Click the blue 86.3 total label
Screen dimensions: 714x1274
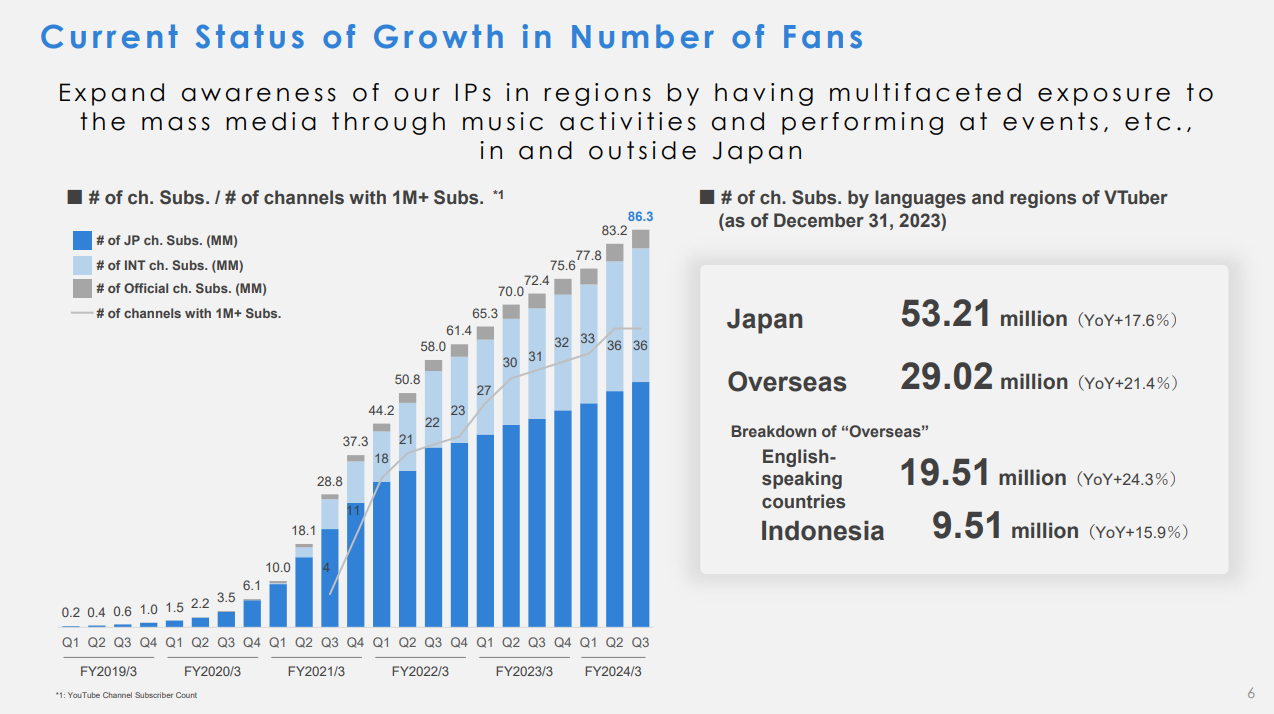640,216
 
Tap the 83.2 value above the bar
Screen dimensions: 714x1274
615,231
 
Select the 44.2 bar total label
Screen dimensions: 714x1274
381,410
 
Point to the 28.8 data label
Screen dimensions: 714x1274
330,482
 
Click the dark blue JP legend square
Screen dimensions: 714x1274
82,241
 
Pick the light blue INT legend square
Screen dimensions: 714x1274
82,265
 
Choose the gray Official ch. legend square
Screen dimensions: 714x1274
82,289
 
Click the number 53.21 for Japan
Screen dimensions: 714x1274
946,315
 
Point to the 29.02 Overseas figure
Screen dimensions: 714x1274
946,378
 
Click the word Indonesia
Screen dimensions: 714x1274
822,530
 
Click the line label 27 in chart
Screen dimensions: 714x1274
485,391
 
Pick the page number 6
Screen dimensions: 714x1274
1251,693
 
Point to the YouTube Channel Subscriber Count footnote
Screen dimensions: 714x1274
127,695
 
